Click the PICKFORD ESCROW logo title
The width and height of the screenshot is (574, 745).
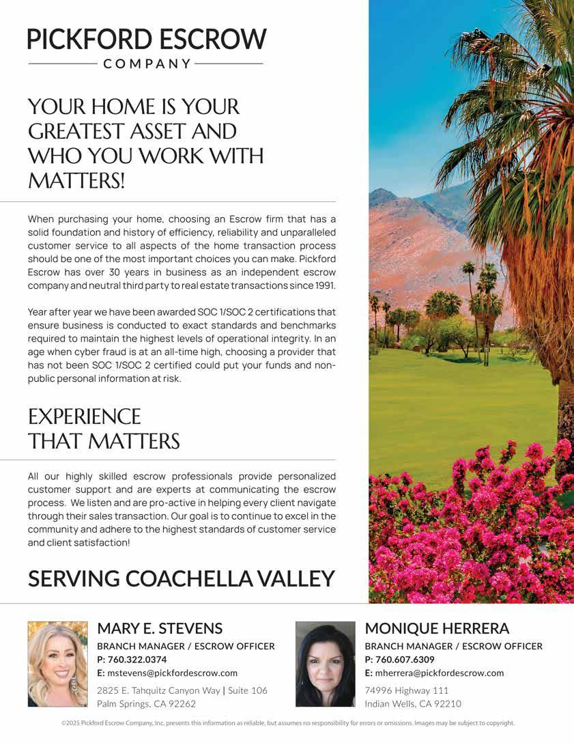[146, 39]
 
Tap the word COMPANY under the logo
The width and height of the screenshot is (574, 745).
[146, 64]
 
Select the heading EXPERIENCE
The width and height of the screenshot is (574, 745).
[84, 417]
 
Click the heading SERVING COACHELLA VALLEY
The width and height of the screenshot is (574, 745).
[181, 578]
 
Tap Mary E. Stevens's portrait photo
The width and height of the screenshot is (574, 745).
[57, 663]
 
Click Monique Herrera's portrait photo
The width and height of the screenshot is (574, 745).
[325, 663]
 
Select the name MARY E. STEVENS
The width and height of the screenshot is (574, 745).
[160, 628]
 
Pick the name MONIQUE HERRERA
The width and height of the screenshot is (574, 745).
[437, 628]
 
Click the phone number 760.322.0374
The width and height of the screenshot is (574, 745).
[137, 660]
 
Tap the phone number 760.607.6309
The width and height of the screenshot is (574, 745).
[405, 660]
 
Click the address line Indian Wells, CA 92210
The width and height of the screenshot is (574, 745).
[413, 704]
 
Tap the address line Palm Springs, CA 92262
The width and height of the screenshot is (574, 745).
[146, 704]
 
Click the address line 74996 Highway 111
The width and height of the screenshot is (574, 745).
[407, 690]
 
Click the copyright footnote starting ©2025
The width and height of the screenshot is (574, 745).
[287, 722]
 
